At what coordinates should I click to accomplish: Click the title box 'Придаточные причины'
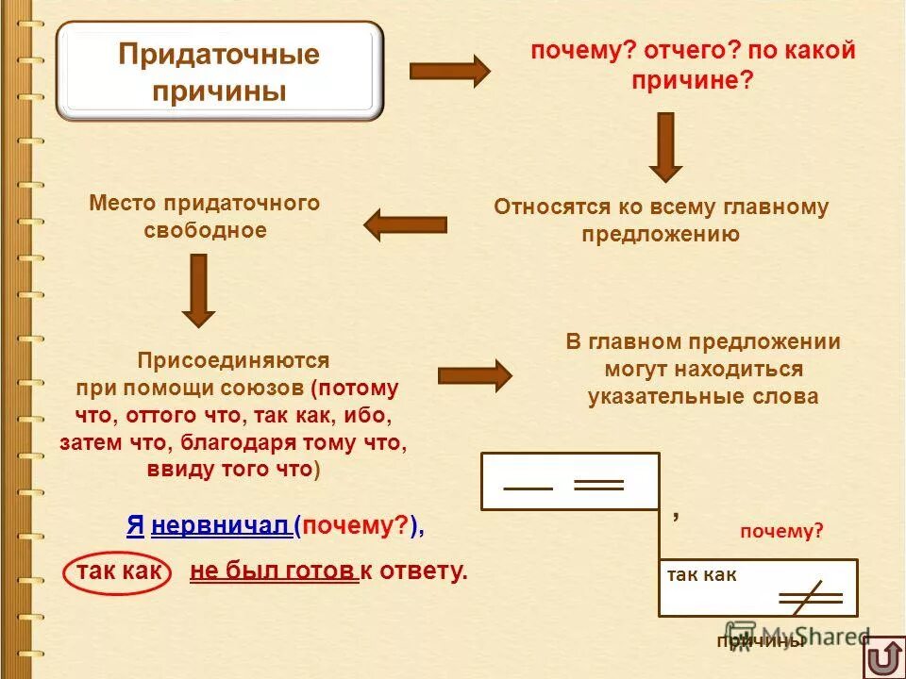click(x=219, y=72)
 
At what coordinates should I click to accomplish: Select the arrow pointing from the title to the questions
click(x=449, y=72)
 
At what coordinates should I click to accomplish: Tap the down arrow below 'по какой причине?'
click(x=665, y=146)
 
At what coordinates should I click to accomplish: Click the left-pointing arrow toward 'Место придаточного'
click(x=405, y=224)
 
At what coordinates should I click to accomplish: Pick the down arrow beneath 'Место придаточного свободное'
click(x=198, y=290)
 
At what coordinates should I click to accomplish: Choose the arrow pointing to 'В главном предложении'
click(x=475, y=375)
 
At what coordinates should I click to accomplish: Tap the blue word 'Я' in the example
click(x=135, y=527)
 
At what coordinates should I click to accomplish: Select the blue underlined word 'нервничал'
click(x=220, y=527)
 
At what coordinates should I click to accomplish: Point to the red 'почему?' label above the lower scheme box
click(x=781, y=531)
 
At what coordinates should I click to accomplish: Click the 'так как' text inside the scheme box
click(x=701, y=574)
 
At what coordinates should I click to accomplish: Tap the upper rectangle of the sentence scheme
click(x=570, y=481)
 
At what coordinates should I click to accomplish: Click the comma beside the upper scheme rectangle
click(x=676, y=516)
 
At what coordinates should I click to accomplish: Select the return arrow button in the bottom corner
click(x=882, y=656)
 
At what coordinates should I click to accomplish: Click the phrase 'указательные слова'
click(x=703, y=396)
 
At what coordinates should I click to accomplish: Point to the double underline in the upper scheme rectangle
click(x=599, y=485)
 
